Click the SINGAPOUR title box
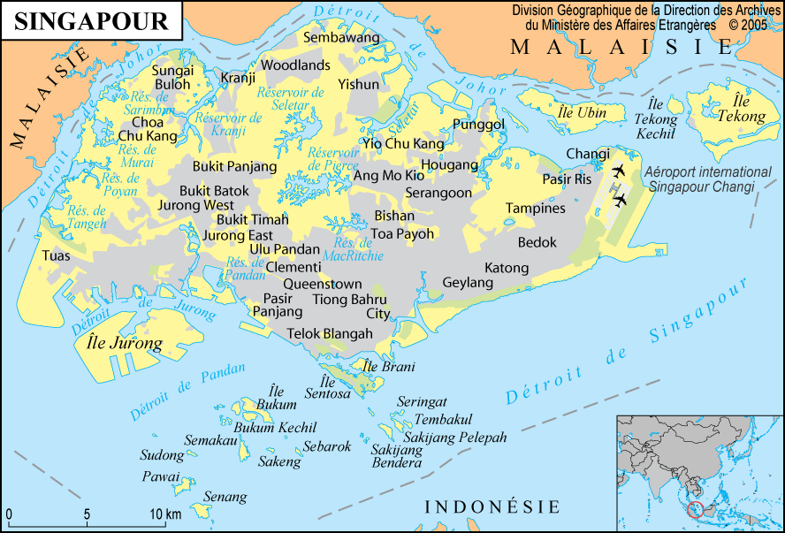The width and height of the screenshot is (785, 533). click(91, 21)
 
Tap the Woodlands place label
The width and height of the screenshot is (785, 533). click(295, 65)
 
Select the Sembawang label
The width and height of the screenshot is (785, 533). click(340, 38)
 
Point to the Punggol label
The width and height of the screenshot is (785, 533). click(477, 125)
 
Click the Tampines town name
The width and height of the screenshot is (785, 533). click(535, 209)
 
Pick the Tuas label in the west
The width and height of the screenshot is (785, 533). click(56, 255)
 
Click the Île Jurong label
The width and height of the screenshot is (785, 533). click(125, 343)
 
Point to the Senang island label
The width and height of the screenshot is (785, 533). click(225, 497)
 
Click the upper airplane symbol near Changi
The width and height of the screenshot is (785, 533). click(618, 170)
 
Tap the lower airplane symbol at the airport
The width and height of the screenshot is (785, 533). click(619, 201)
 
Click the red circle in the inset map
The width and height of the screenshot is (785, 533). click(696, 510)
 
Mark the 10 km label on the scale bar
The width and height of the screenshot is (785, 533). click(165, 514)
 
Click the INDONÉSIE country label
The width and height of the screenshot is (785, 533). click(492, 506)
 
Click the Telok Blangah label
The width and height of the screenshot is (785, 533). click(330, 333)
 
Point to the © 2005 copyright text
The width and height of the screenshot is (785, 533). click(748, 26)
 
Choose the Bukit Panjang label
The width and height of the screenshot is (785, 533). click(234, 166)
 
